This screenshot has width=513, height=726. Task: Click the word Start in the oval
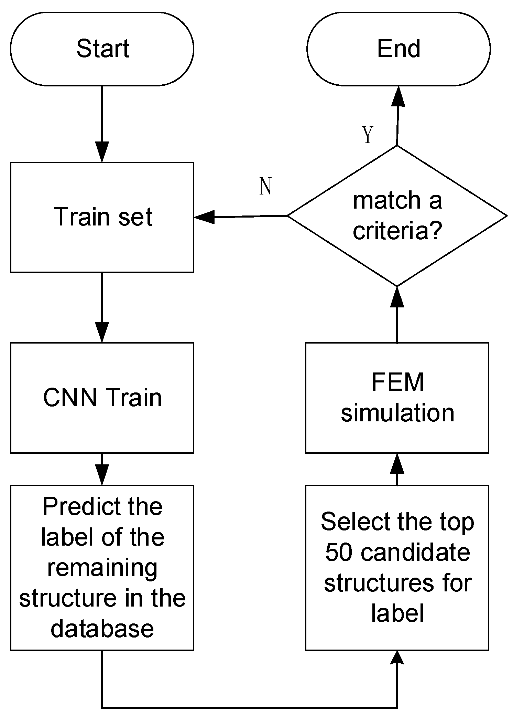point(102,49)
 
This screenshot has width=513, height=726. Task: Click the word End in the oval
point(399,49)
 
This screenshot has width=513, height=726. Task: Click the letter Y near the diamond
point(368,135)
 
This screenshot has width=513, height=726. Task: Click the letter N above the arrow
point(265,187)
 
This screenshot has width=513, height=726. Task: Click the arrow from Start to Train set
point(102,124)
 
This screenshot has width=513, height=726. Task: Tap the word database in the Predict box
point(102,629)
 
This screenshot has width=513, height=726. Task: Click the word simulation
point(397,413)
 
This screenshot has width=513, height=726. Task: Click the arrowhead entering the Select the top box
point(397,657)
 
